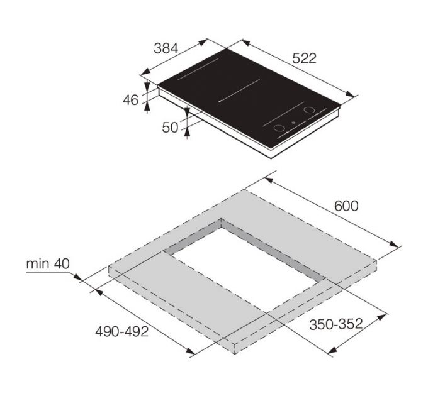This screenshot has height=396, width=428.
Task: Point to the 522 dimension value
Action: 305,58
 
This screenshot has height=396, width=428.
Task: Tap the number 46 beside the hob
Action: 130,99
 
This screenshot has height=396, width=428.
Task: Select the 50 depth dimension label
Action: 171,127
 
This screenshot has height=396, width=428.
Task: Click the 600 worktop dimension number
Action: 346,206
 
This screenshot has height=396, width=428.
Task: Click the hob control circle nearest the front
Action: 279,129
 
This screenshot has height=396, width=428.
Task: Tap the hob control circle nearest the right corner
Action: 309,111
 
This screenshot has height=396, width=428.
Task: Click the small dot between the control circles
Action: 295,123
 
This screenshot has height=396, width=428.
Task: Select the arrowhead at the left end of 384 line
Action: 143,71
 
